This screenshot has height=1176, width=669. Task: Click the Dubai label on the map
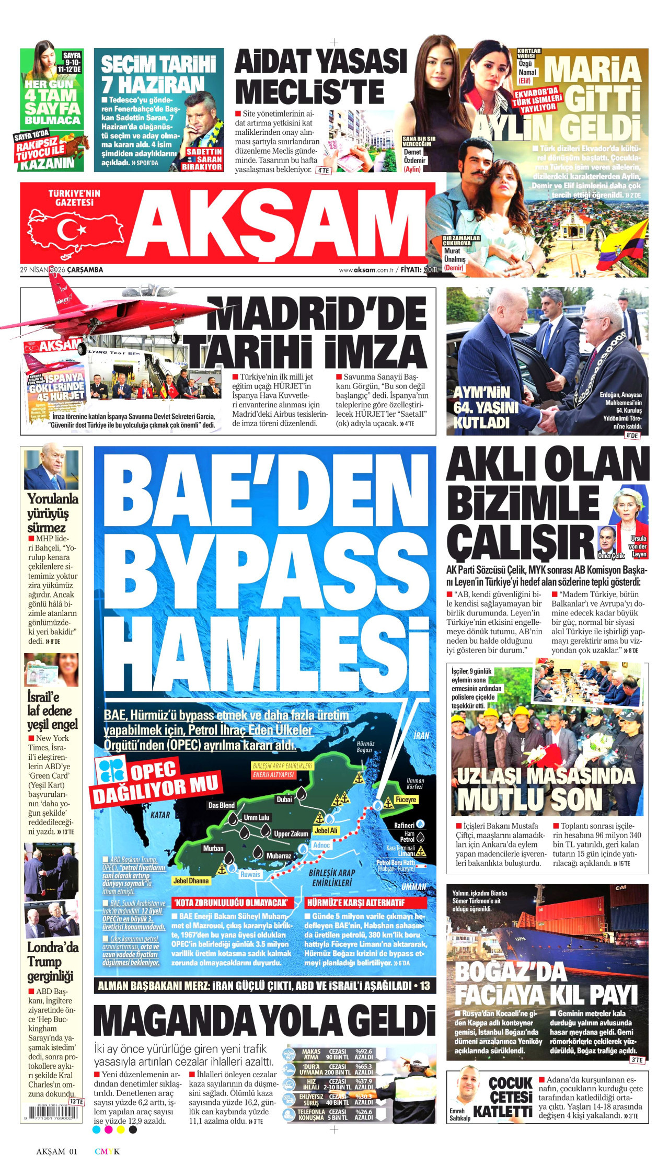284,800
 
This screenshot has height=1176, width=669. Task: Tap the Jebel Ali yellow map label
326,830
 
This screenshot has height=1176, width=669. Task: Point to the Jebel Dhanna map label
191,881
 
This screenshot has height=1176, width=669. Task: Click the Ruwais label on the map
250,874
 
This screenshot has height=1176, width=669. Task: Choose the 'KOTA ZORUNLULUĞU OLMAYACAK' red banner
230,903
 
